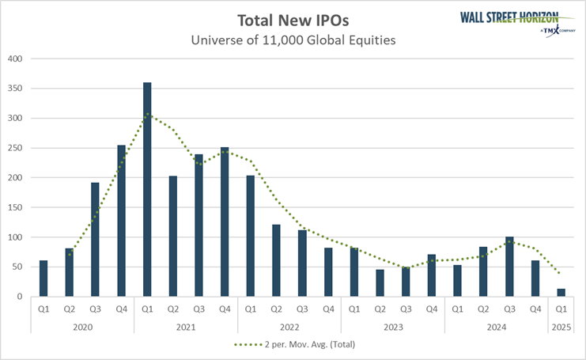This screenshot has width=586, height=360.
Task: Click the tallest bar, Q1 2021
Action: tap(147, 190)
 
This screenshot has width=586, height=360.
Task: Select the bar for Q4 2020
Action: tap(121, 221)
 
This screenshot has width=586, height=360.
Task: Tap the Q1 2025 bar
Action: tap(561, 293)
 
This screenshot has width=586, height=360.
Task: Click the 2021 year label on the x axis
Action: tap(186, 327)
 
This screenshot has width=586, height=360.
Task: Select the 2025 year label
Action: tap(561, 327)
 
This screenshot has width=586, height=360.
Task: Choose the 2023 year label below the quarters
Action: tap(393, 327)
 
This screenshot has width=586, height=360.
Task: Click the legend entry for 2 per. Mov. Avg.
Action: tap(293, 346)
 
